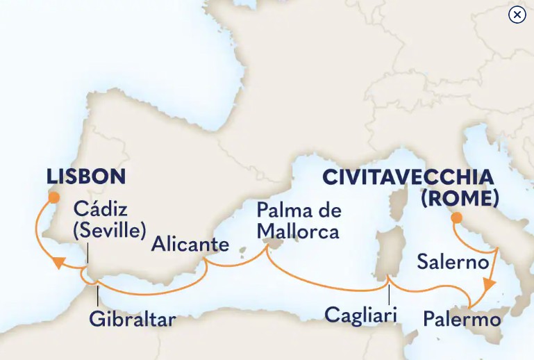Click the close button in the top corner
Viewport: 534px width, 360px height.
pyautogui.click(x=517, y=15)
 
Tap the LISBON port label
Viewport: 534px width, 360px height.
pyautogui.click(x=87, y=177)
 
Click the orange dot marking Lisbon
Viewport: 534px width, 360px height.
pyautogui.click(x=53, y=197)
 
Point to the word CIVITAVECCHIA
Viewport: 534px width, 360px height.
pyautogui.click(x=408, y=178)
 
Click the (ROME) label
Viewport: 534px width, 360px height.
pyautogui.click(x=460, y=199)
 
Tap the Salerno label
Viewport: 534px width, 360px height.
pyautogui.click(x=452, y=262)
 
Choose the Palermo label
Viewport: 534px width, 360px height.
pyautogui.click(x=462, y=319)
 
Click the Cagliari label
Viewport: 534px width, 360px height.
pyautogui.click(x=360, y=316)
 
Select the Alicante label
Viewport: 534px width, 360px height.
pyautogui.click(x=190, y=245)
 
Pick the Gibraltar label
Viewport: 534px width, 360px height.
pyautogui.click(x=132, y=320)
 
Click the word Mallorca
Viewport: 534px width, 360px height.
pyautogui.click(x=297, y=231)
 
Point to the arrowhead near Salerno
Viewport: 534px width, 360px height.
pyautogui.click(x=490, y=285)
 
